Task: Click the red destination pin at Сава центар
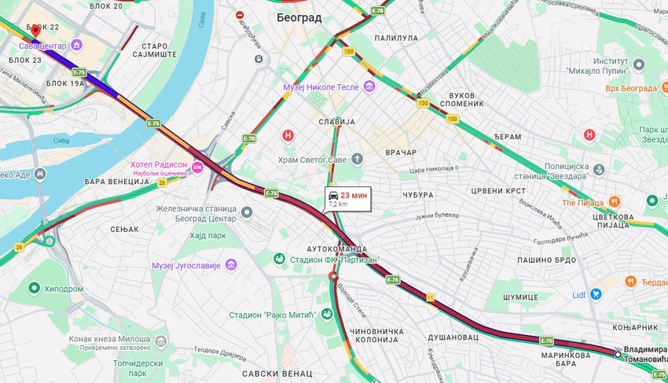(x=35, y=31)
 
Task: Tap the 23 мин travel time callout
(x=347, y=198)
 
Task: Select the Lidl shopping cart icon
(x=596, y=295)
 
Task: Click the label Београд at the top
(x=299, y=17)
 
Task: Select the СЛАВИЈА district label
(x=336, y=122)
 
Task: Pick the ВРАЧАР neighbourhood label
(x=400, y=152)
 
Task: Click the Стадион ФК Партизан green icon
(x=279, y=259)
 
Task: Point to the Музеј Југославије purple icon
(x=230, y=264)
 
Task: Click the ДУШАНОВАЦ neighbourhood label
(x=453, y=337)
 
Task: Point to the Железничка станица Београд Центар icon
(x=247, y=212)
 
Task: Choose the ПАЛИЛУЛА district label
(x=396, y=37)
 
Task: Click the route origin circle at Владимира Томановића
(x=618, y=355)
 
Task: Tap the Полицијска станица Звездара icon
(x=600, y=169)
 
